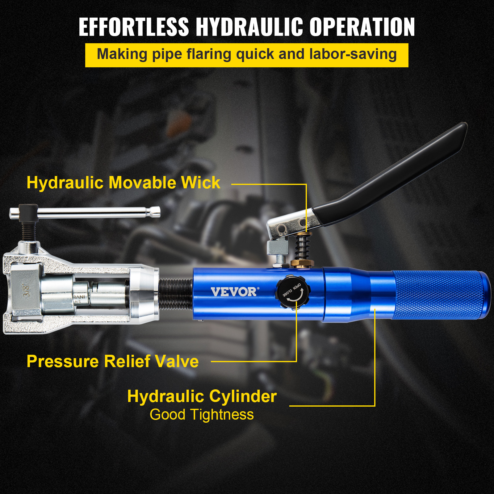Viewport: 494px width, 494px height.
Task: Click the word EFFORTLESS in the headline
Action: [x=133, y=27]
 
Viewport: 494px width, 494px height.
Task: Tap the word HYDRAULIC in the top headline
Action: [x=249, y=27]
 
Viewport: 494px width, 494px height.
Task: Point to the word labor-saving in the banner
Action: [x=353, y=54]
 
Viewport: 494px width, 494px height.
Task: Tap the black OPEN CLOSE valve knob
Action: [x=292, y=292]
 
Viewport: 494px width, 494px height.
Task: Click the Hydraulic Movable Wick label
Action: [x=124, y=182]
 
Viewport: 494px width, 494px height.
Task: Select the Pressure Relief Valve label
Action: [x=113, y=361]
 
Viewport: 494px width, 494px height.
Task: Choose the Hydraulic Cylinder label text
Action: [x=202, y=396]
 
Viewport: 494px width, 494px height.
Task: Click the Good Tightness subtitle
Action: [x=202, y=415]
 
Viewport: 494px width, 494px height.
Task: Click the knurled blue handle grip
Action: [x=438, y=295]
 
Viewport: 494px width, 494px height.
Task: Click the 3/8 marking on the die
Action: [x=27, y=290]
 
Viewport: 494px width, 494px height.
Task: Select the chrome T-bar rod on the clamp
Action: [x=93, y=212]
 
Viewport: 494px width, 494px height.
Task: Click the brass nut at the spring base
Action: [x=302, y=263]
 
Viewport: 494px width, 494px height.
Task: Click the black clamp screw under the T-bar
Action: [x=29, y=230]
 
